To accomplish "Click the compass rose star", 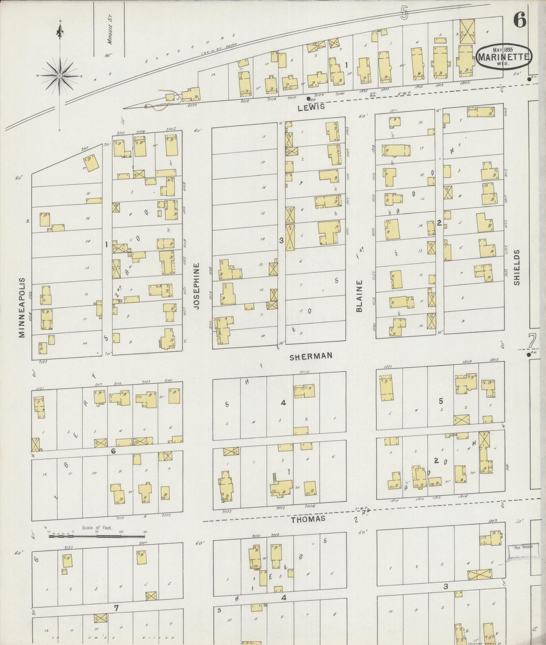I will tap(59, 76).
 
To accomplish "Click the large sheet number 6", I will tap(519, 21).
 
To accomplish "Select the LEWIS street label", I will tap(311, 107).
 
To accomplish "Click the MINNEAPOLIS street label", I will tap(22, 308).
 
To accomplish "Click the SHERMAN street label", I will tap(311, 356).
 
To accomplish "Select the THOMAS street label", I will tap(308, 519).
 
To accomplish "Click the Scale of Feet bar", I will tap(97, 534).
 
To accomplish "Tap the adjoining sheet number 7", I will tap(532, 342).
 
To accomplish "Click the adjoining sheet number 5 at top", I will tap(405, 13).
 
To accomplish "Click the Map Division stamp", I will tap(523, 548).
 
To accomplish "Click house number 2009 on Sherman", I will tap(305, 372).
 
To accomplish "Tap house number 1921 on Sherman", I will tap(387, 367).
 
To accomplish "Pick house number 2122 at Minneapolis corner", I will tap(43, 362).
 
